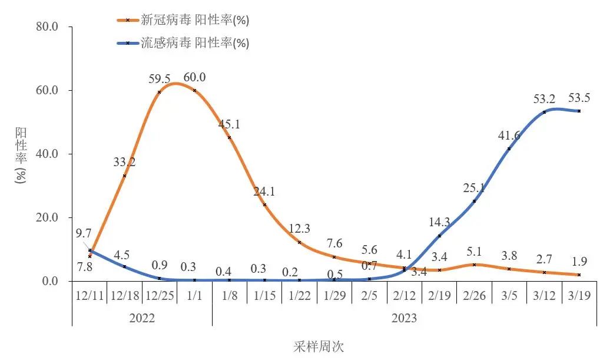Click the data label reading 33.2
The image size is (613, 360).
pyautogui.click(x=124, y=162)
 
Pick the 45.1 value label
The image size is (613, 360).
pyautogui.click(x=230, y=124)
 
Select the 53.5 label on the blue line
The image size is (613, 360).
pyautogui.click(x=579, y=98)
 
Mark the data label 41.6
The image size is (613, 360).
pyautogui.click(x=509, y=135)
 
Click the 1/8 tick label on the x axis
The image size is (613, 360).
pyautogui.click(x=229, y=295)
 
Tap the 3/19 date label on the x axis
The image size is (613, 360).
pyautogui.click(x=579, y=295)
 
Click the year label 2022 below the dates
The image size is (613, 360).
pyautogui.click(x=141, y=318)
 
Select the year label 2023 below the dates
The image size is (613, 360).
pyautogui.click(x=404, y=318)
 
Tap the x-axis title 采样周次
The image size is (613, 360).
pyautogui.click(x=319, y=346)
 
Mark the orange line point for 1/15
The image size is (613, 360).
pyautogui.click(x=264, y=204)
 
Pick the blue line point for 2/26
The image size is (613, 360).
pyautogui.click(x=474, y=201)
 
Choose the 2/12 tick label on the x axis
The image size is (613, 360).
pyautogui.click(x=404, y=295)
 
